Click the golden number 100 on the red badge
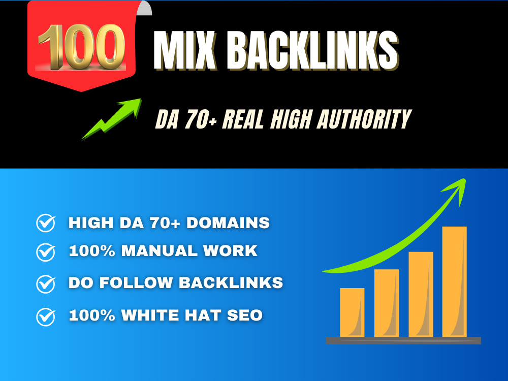click(x=81, y=47)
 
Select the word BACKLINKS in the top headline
click(x=312, y=50)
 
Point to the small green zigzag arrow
click(x=111, y=119)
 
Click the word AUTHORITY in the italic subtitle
click(x=364, y=119)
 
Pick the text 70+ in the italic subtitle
click(x=201, y=119)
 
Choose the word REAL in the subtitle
click(x=243, y=119)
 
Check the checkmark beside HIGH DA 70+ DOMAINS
click(x=46, y=223)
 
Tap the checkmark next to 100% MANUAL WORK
click(x=46, y=252)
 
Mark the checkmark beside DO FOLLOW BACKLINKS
click(x=46, y=284)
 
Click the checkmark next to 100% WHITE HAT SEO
click(x=46, y=316)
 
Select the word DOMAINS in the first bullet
click(x=228, y=223)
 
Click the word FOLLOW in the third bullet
click(x=136, y=282)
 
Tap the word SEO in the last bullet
click(x=245, y=315)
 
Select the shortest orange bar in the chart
click(x=352, y=312)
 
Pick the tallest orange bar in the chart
click(x=455, y=281)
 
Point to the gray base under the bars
click(x=403, y=340)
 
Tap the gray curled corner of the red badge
click(x=144, y=8)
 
